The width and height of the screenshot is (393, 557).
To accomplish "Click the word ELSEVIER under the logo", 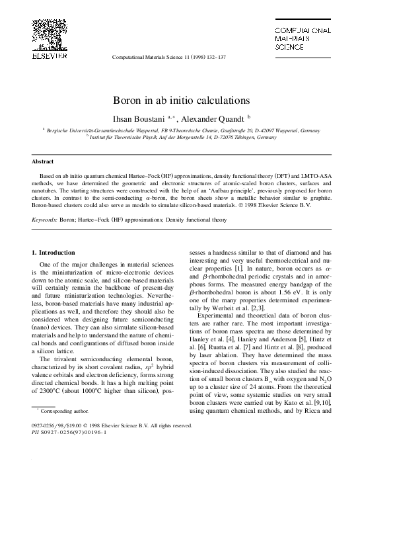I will pos(50,56).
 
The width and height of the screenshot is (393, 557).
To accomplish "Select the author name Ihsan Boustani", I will pos(140,118).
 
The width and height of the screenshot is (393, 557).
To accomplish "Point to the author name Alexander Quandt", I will pos(213,118).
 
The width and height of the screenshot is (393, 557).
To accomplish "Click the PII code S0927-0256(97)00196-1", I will pos(73,433).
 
